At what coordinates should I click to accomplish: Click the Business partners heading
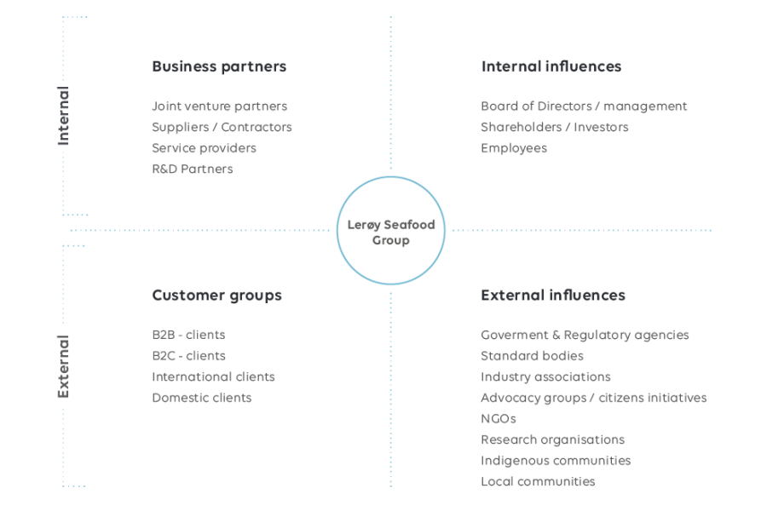coord(219,66)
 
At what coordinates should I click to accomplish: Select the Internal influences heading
coord(551,66)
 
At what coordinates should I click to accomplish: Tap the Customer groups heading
coord(216,296)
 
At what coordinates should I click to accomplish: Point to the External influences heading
coord(552,296)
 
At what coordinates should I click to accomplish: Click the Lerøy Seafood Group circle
coord(391,231)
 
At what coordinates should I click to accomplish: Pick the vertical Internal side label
coord(63,116)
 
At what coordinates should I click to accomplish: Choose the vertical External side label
coord(63,366)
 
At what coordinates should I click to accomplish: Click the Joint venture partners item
coord(219,106)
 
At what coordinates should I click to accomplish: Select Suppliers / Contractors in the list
coord(222,127)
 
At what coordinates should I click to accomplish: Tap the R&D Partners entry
coord(192,169)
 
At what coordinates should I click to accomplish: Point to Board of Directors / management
coord(583,106)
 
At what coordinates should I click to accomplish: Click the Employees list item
coord(513,148)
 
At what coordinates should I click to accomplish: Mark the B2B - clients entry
coord(188,335)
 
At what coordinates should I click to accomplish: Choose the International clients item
coord(213,376)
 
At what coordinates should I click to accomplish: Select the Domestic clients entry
coord(201,398)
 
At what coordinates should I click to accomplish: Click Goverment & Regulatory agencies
coord(585,335)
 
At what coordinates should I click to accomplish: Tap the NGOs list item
coord(498,418)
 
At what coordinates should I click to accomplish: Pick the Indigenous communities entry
coord(556,460)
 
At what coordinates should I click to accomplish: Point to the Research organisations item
coord(552,439)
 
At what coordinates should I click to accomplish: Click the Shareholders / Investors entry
coord(554,127)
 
